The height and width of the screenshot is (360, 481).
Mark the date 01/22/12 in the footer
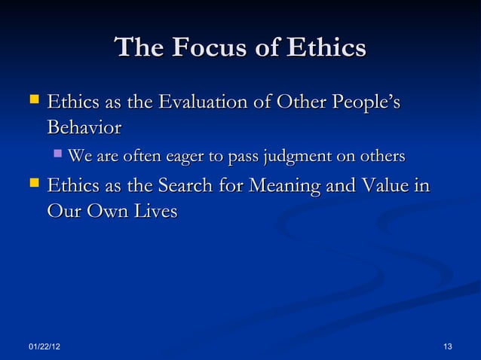click(x=45, y=346)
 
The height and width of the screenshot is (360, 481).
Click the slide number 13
click(x=448, y=346)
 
